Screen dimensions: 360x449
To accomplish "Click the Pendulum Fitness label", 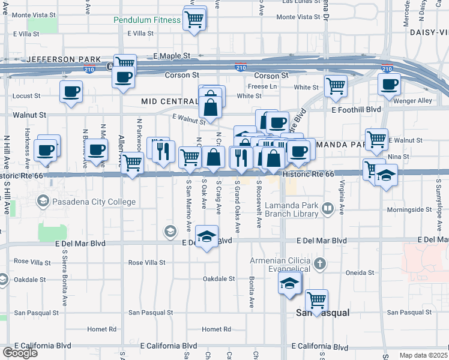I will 147,20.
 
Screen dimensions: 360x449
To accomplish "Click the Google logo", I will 20,353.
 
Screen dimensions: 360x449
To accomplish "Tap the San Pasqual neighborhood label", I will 324,313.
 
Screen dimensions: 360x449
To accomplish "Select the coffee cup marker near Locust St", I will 71,92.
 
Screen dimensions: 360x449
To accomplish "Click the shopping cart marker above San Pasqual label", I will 316,299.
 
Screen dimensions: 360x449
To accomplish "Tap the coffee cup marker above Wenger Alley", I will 389,84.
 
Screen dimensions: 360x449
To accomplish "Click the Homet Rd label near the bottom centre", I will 216,329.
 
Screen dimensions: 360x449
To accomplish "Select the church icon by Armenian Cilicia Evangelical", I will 320,263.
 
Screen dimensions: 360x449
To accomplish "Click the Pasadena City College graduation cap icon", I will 43,200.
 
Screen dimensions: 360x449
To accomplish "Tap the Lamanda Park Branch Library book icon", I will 328,209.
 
